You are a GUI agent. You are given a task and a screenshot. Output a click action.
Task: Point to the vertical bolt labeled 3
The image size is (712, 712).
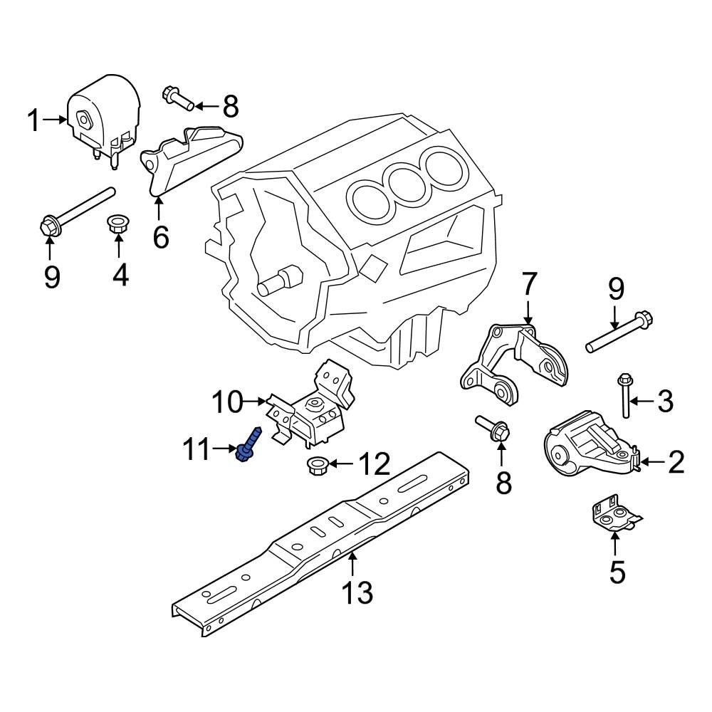[x=625, y=396]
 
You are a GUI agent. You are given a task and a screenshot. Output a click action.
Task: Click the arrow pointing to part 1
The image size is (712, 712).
[x=53, y=120]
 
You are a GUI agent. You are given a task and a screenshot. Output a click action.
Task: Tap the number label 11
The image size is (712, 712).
[x=197, y=449]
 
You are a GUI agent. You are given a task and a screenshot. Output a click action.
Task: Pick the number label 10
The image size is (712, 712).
[x=226, y=403]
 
